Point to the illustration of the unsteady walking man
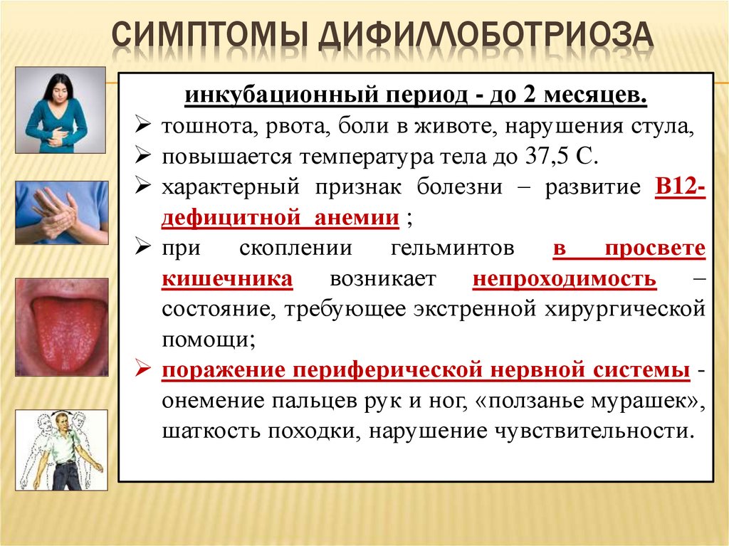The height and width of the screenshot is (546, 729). tap(62, 449)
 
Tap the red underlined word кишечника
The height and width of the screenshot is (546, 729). tap(227, 278)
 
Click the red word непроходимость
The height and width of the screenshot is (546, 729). tap(565, 278)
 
